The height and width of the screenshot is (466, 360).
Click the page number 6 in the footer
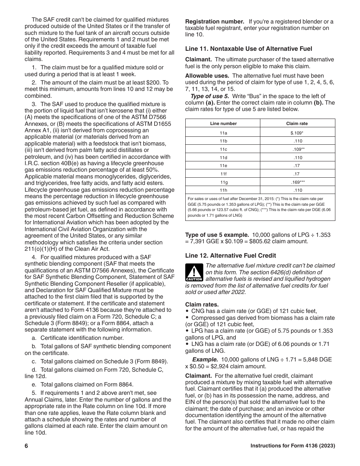point(27,446)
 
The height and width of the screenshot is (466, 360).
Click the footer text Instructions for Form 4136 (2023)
point(293,446)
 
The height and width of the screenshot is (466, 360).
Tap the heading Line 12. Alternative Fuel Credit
point(230,255)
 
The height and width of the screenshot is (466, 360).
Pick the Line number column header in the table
point(223,124)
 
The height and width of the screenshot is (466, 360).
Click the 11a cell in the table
point(223,133)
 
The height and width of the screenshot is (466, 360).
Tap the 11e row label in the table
point(223,166)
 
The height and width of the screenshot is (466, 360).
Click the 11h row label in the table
point(223,190)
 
